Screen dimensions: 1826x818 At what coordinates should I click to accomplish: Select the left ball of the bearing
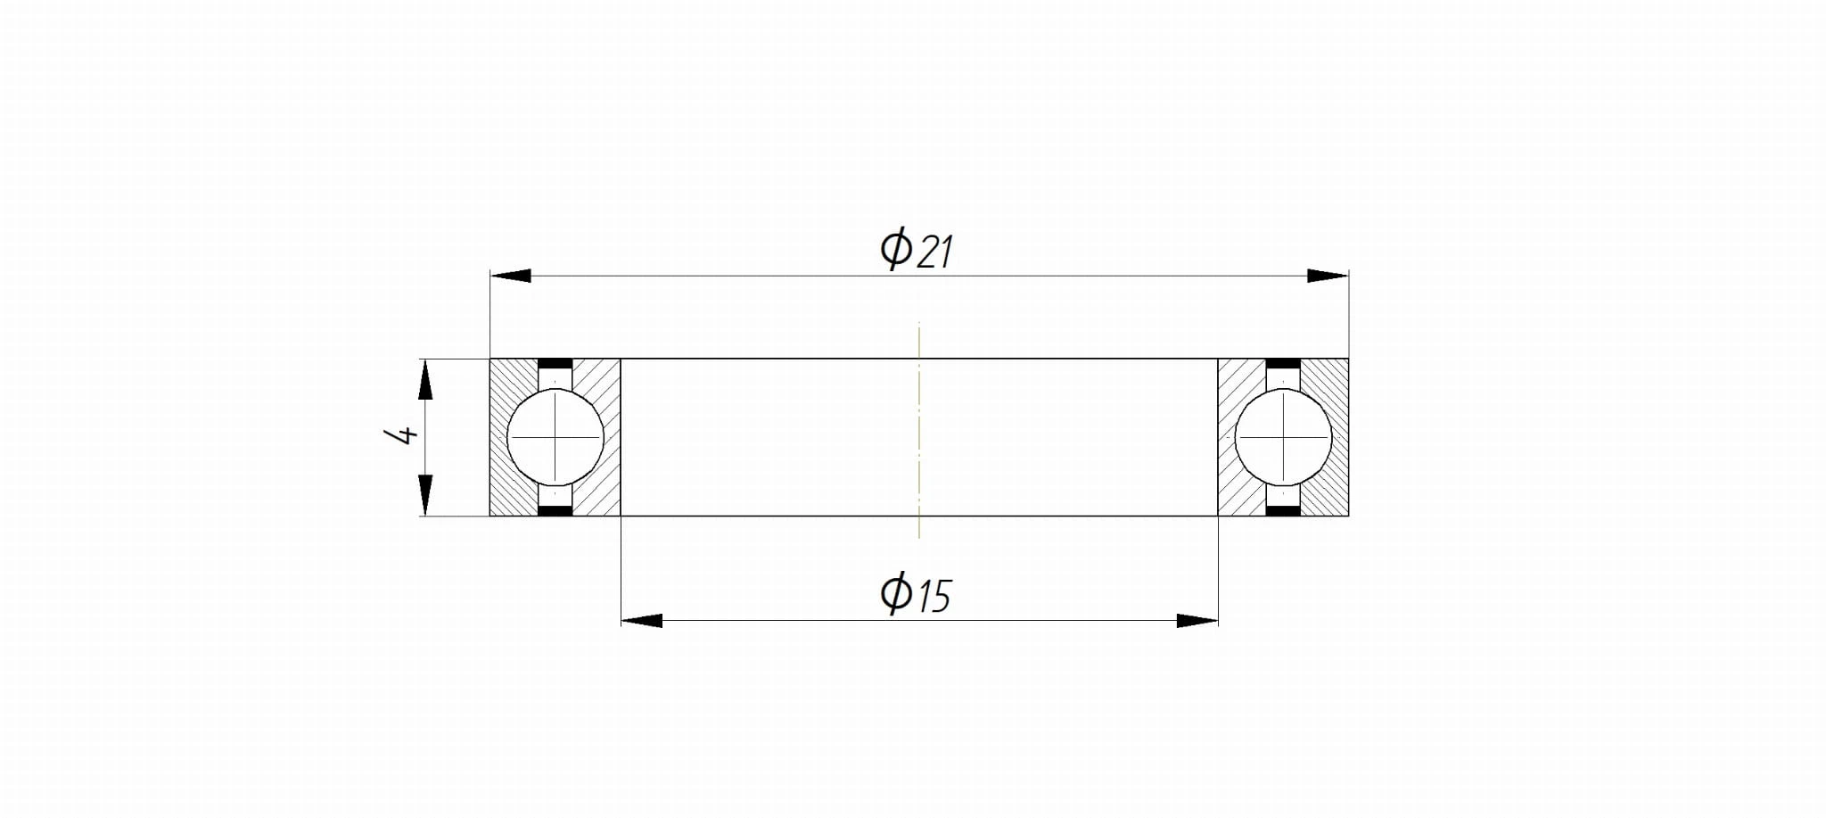coord(555,437)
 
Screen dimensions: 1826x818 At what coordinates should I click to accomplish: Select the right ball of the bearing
coord(1284,437)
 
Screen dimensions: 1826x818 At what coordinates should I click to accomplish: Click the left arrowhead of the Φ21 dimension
coord(511,276)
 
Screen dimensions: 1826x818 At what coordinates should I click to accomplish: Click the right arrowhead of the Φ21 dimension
coord(1328,276)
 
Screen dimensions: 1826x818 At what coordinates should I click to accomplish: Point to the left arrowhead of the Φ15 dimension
coord(642,620)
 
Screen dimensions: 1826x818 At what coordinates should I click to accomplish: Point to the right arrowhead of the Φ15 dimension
coord(1197,620)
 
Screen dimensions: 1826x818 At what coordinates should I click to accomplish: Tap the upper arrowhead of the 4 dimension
coord(425,379)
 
